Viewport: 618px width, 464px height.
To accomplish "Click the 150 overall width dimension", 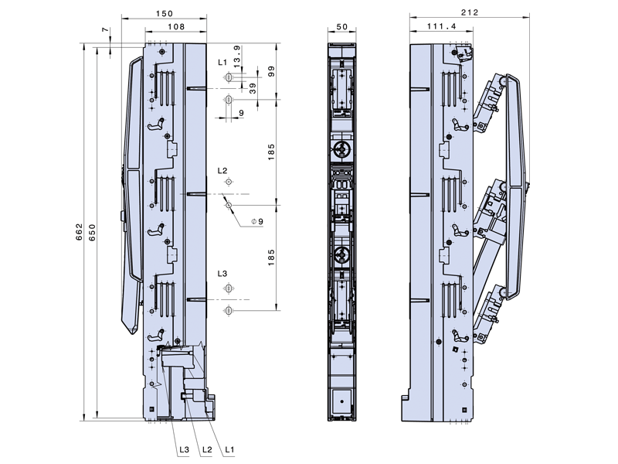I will point(163,14).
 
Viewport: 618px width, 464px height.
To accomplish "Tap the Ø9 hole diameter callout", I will point(258,222).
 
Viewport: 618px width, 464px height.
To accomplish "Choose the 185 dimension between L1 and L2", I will point(272,152).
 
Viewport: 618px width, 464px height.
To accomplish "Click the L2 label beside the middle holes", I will point(222,170).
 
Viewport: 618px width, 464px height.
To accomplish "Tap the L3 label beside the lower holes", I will point(222,275).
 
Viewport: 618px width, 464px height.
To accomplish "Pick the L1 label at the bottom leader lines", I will point(229,449).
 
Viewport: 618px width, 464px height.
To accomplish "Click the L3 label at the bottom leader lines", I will point(184,449).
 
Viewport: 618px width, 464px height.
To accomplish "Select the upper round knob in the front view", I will point(342,148).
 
